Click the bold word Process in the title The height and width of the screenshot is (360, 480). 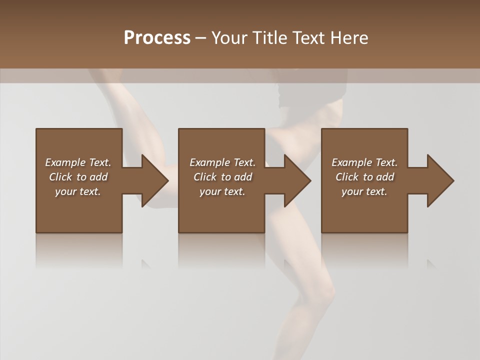coord(157,38)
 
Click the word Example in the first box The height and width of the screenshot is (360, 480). coord(65,162)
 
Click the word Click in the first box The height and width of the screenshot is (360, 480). coord(60,177)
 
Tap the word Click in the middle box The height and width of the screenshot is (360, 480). coord(205,177)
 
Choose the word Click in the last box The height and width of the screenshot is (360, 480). coord(347,177)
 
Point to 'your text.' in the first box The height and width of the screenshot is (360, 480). coord(77,191)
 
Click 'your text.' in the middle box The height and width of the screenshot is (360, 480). coord(222,191)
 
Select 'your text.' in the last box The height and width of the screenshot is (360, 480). coord(364,191)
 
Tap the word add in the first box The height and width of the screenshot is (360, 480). coord(98,177)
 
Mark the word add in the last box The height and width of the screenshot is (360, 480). coord(385,177)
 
